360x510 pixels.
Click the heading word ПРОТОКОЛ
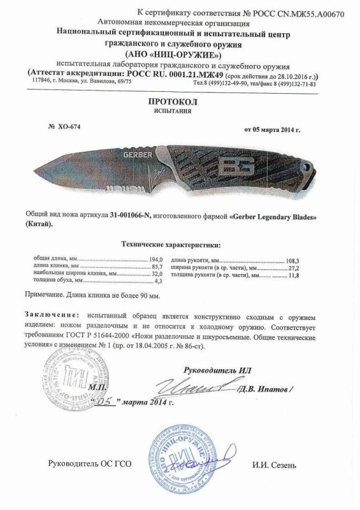[180, 103]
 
